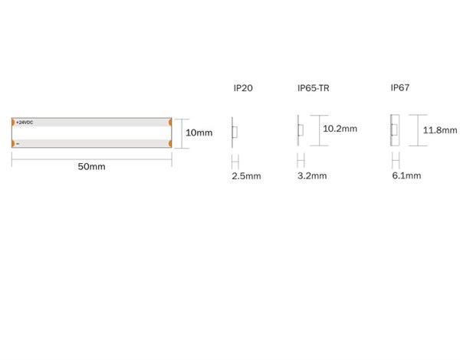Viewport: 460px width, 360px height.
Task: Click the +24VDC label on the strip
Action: coord(25,123)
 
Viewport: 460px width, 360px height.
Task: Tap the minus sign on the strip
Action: coord(18,144)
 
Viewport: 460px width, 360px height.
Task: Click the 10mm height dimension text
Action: coord(199,133)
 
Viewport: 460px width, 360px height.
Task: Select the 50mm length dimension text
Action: coord(91,166)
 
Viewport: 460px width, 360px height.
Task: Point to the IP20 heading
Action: coord(243,88)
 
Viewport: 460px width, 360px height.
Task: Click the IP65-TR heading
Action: coord(314,88)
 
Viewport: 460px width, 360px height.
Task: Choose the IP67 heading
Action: coord(400,87)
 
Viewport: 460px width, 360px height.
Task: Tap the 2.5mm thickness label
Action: coord(246,176)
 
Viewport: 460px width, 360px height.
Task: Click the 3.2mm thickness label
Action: coord(312,175)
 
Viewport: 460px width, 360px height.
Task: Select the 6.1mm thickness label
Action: coord(406,175)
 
